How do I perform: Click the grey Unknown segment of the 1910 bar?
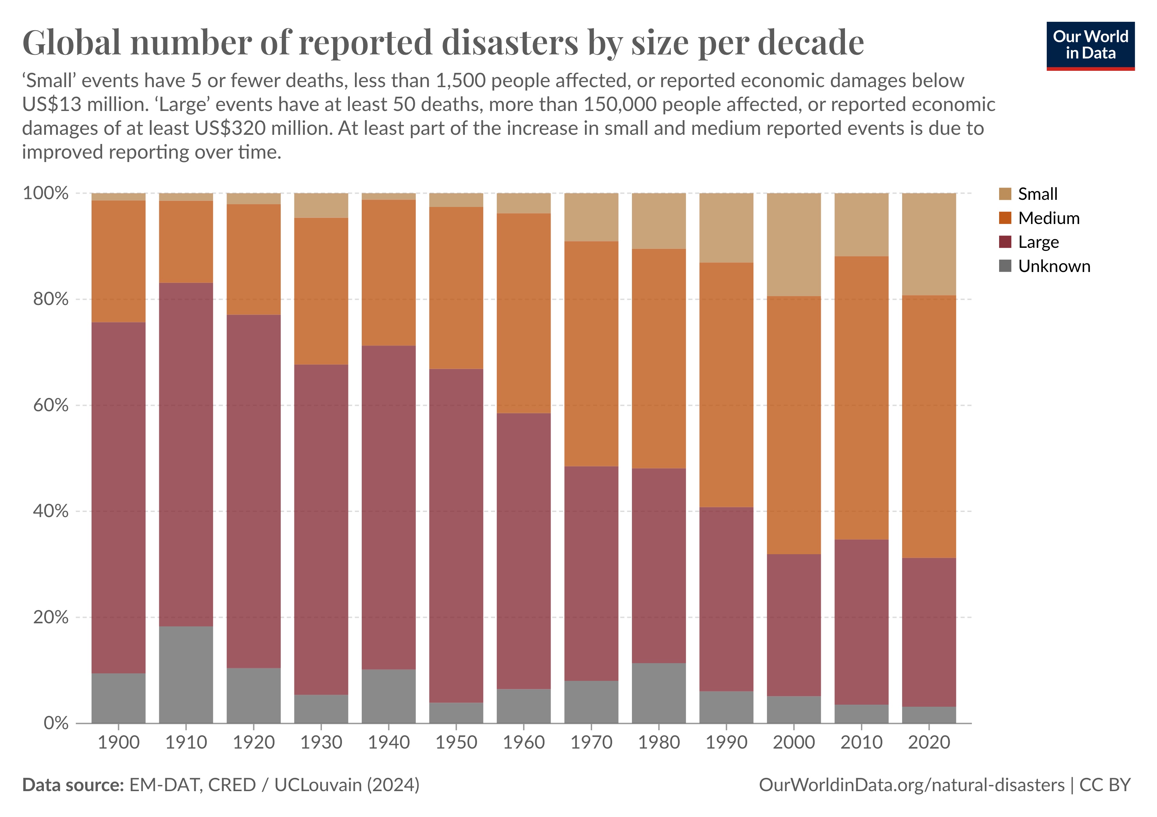(x=186, y=674)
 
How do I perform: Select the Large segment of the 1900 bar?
(x=118, y=497)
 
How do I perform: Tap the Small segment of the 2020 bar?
(x=929, y=244)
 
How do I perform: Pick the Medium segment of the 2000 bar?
(x=794, y=425)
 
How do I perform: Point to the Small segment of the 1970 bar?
(x=591, y=217)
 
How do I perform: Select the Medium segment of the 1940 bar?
(x=389, y=273)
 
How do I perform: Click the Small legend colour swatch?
(x=1005, y=194)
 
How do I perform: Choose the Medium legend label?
(x=1049, y=218)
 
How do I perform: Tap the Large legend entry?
(x=1038, y=242)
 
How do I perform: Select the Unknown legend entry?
(x=1054, y=266)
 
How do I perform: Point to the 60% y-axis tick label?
(x=50, y=405)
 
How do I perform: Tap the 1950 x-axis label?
(x=456, y=742)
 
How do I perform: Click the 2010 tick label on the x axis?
(x=861, y=742)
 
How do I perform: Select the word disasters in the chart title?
(x=509, y=43)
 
